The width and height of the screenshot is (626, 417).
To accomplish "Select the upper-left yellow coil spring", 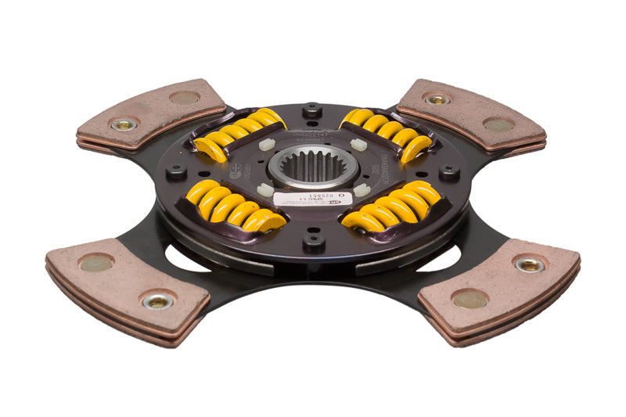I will [238, 133].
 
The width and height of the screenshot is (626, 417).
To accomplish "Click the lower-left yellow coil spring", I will [230, 207].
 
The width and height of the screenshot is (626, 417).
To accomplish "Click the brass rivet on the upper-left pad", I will [124, 124].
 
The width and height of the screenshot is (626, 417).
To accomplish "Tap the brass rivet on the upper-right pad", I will [437, 99].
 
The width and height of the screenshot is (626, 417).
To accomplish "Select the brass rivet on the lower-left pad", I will [158, 300].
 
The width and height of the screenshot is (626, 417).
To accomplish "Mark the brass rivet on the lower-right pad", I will [529, 264].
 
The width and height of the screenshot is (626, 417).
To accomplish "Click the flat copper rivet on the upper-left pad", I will [185, 98].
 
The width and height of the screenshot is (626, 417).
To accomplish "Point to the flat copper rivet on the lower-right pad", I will [469, 300].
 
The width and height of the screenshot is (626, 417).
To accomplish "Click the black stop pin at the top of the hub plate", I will [312, 109].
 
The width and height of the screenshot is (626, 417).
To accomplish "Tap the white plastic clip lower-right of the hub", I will [360, 189].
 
